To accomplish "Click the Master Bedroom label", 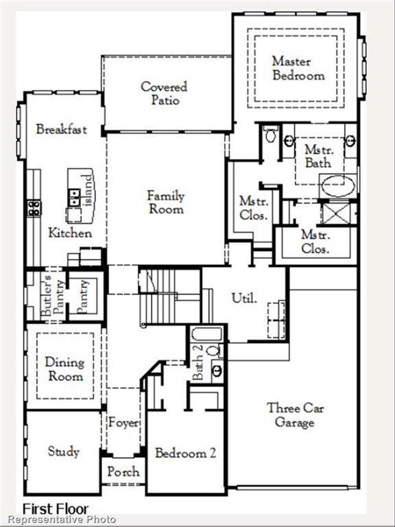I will [298, 68].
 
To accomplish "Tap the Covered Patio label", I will [164, 93].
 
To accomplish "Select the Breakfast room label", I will [62, 129].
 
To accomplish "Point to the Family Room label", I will [166, 202].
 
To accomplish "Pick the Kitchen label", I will [70, 233].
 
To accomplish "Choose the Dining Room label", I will [64, 369].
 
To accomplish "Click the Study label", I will [63, 452].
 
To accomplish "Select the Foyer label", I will [123, 423].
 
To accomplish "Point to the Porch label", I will [123, 471].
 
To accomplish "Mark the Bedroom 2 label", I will [185, 453].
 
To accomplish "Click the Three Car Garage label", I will [295, 414].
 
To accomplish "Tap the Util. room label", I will [244, 298].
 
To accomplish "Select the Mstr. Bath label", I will [318, 156].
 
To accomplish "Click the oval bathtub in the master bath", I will [338, 186].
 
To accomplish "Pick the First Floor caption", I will [56, 508].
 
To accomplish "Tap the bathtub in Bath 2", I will [206, 334].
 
